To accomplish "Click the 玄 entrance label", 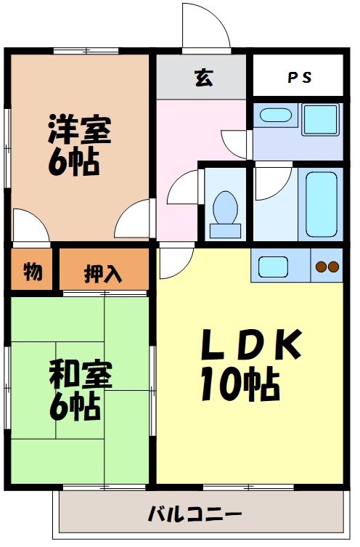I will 204,78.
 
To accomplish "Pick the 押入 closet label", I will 103,274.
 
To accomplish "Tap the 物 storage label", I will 32,272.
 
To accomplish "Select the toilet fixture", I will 225,211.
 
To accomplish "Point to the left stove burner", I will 321,267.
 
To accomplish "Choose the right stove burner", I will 333,267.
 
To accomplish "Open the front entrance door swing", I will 203,28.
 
